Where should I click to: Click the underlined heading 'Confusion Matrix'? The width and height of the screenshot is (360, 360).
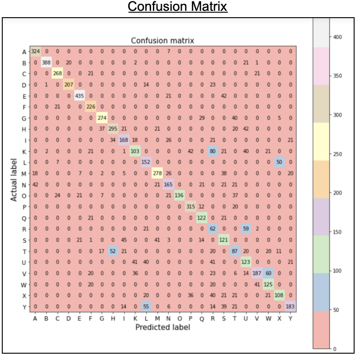click(177, 7)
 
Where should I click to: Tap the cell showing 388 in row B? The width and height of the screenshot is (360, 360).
click(47, 62)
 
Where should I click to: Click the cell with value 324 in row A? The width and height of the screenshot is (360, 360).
click(36, 52)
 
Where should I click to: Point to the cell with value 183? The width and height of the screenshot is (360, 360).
click(290, 306)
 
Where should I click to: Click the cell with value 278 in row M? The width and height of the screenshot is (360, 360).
click(157, 173)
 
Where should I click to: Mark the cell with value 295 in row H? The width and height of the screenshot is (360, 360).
click(113, 129)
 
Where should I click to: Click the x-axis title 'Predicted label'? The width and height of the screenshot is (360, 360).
click(163, 327)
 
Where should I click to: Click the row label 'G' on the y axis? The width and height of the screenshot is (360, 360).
click(24, 118)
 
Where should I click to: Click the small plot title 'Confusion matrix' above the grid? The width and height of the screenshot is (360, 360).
click(162, 41)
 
